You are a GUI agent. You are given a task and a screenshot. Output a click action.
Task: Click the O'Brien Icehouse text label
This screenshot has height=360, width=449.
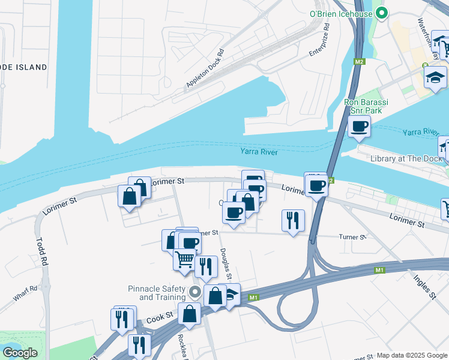[340, 13]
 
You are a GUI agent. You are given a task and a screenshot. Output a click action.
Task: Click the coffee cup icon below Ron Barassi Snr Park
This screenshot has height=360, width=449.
[359, 126]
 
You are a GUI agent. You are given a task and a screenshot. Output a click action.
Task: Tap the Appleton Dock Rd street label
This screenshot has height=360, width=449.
[205, 68]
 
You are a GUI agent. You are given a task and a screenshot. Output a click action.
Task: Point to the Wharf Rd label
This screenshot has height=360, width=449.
[25, 293]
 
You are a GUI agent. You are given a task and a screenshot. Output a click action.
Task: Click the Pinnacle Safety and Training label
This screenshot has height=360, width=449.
[157, 293]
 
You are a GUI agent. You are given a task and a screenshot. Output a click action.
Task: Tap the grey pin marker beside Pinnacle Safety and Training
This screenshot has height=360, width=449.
[194, 292]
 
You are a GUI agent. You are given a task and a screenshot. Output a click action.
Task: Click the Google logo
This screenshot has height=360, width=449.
[20, 352]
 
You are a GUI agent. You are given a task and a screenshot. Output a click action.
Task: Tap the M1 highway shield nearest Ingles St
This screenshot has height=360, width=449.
[379, 271]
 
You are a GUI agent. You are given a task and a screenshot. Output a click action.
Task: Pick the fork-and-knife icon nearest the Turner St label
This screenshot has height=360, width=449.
[293, 220]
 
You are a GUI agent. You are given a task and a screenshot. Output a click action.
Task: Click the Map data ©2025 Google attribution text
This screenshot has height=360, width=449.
[412, 355]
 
